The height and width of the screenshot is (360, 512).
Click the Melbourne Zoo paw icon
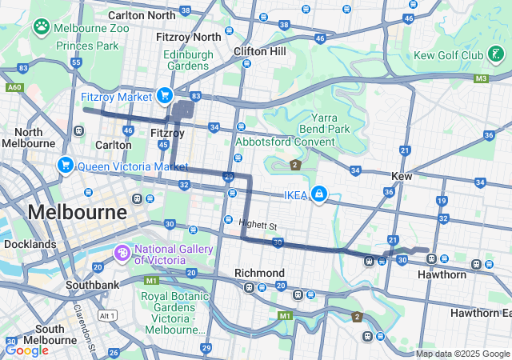(x=41, y=26)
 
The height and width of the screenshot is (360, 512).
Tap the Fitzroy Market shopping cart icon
(x=165, y=96)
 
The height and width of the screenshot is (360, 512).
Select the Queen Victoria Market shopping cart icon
(x=65, y=166)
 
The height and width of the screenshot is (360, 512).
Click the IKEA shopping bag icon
(x=319, y=194)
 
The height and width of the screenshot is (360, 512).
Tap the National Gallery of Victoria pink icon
(x=122, y=254)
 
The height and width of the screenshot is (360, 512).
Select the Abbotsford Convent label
(x=284, y=142)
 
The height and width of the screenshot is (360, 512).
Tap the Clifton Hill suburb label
(x=259, y=51)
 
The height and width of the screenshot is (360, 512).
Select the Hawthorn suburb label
(x=442, y=274)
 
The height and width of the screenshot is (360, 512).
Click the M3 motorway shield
(x=481, y=78)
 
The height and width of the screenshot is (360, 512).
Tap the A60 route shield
(x=14, y=87)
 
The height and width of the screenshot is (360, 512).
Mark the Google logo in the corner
(x=26, y=350)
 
